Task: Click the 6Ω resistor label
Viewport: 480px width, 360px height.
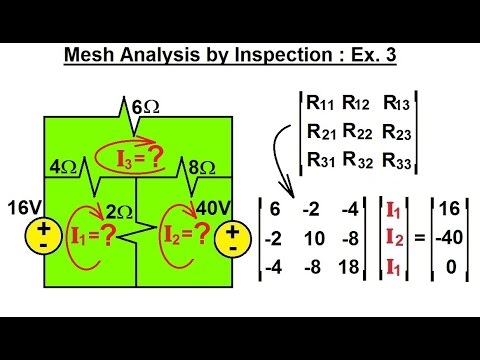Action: [143, 106]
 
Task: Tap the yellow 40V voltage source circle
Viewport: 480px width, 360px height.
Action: [233, 236]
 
